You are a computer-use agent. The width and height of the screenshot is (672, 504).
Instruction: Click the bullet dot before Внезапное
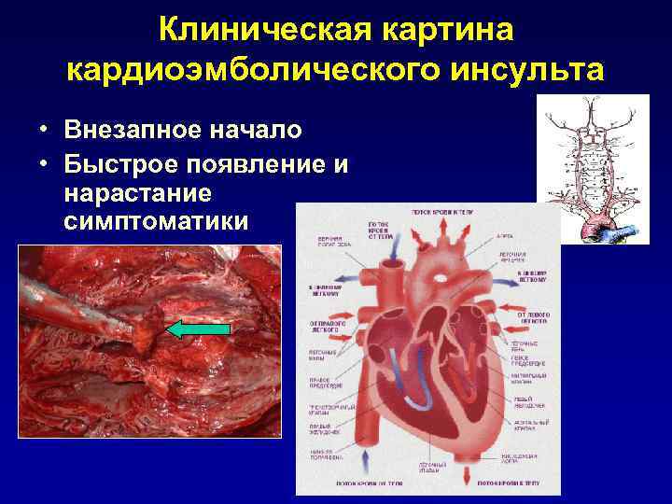(x=44, y=126)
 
